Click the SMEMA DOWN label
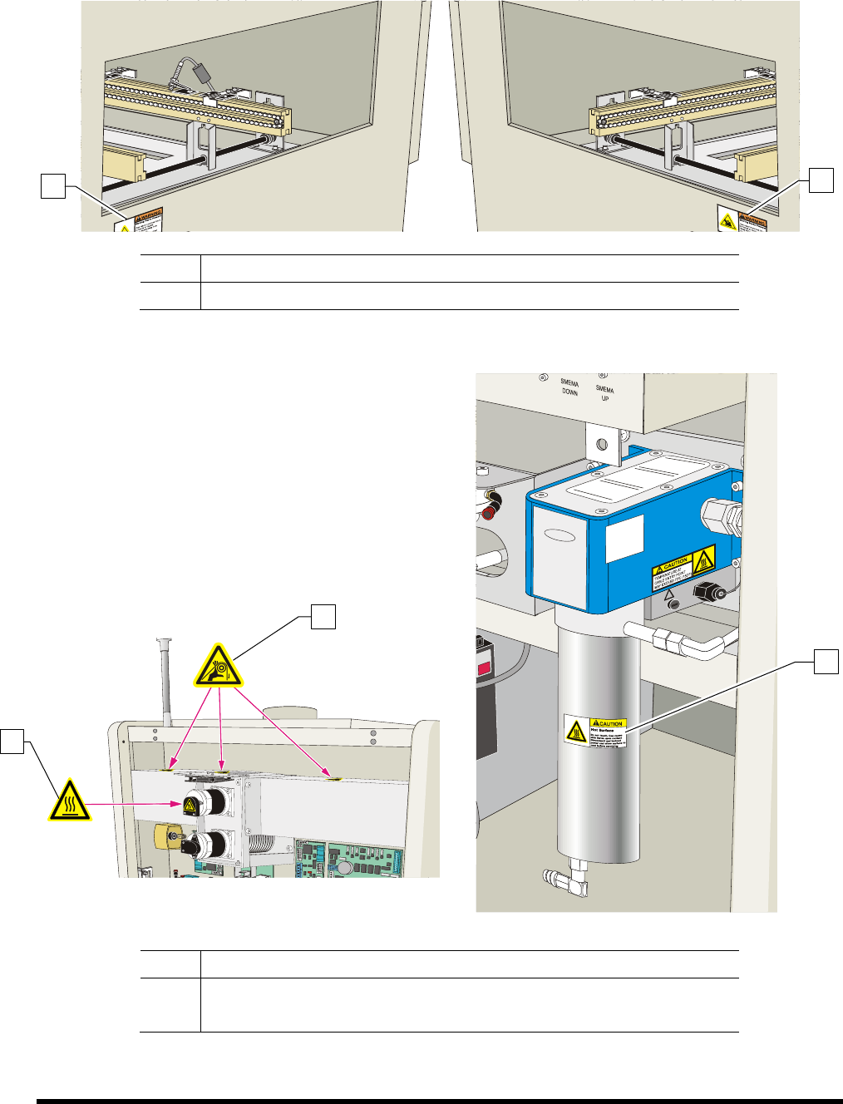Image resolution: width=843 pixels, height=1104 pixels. pyautogui.click(x=569, y=387)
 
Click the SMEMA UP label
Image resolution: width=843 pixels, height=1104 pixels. pyautogui.click(x=605, y=393)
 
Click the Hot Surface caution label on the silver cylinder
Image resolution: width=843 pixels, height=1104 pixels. pyautogui.click(x=594, y=732)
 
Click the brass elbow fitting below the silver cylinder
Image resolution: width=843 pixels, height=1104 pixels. pyautogui.click(x=567, y=880)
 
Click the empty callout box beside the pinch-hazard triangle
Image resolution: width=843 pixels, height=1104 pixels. pyautogui.click(x=324, y=617)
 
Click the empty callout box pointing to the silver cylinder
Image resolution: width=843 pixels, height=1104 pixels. pyautogui.click(x=826, y=662)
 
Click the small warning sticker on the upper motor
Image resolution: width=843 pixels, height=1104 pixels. pyautogui.click(x=190, y=805)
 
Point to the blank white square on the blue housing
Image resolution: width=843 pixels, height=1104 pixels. pyautogui.click(x=625, y=538)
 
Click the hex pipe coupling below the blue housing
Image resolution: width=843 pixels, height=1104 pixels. pyautogui.click(x=666, y=639)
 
